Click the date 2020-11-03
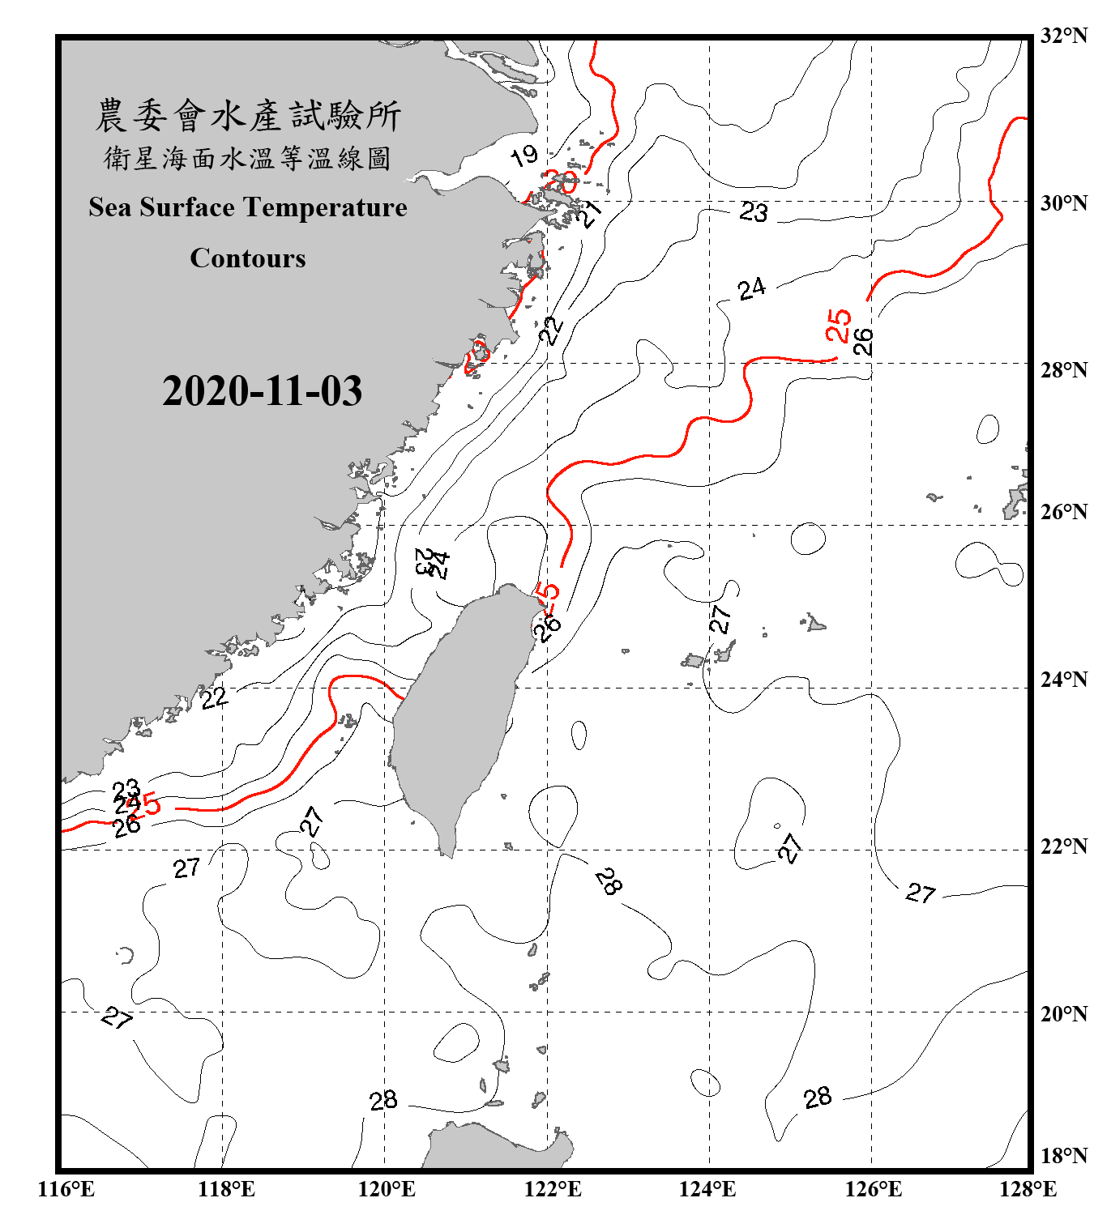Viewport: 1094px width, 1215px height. click(262, 391)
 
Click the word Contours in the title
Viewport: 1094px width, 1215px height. click(248, 258)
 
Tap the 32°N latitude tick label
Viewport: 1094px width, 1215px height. click(1063, 36)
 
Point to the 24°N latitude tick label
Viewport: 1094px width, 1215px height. click(1063, 679)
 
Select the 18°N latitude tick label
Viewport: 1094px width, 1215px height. click(1063, 1156)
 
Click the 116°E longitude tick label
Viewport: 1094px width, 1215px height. click(66, 1189)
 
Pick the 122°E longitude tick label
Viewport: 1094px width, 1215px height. click(553, 1189)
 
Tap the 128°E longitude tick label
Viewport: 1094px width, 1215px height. click(1028, 1189)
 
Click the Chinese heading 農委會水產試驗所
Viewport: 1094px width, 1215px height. click(248, 116)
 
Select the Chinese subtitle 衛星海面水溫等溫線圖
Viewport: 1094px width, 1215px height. click(248, 158)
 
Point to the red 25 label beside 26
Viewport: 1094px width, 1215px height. click(838, 325)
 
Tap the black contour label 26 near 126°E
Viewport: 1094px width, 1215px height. click(863, 341)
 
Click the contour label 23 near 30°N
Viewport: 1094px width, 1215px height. click(754, 212)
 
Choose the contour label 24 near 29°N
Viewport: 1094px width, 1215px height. click(751, 288)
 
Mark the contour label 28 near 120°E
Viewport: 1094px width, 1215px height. click(383, 1100)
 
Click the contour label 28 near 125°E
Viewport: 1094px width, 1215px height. click(818, 1098)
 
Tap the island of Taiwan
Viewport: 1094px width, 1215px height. click(454, 713)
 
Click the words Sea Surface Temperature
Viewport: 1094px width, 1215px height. click(248, 207)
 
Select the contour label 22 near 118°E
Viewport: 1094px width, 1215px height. click(214, 697)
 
